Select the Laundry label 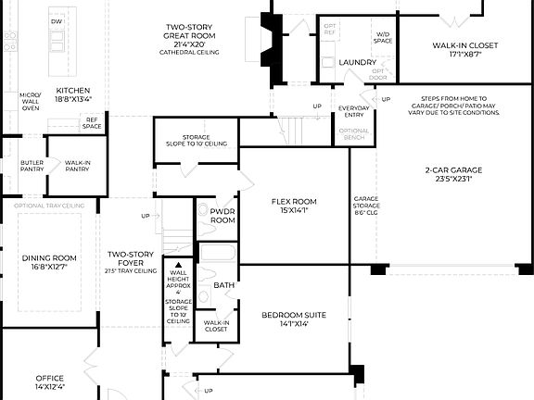[357, 62]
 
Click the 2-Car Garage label [449, 175]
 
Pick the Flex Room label [294, 205]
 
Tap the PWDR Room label [222, 216]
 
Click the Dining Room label [50, 262]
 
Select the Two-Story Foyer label [131, 261]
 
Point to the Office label [49, 381]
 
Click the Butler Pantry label [32, 166]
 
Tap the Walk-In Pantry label [77, 166]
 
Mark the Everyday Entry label [353, 112]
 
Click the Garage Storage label [362, 206]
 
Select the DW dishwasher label [57, 21]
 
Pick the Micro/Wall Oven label [32, 101]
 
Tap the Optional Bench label [353, 134]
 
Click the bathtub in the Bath [220, 255]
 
